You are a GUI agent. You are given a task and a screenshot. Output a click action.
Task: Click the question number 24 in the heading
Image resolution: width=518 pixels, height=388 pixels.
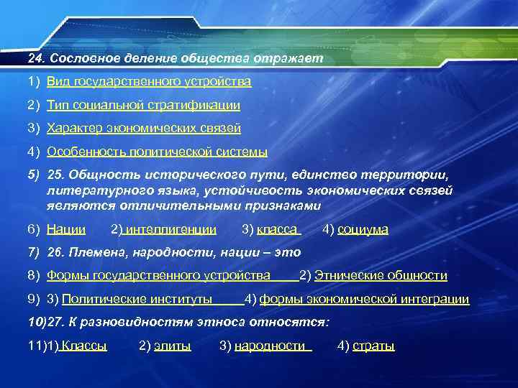(x=35, y=57)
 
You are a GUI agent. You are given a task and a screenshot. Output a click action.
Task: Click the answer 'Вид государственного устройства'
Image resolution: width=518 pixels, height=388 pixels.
(x=149, y=81)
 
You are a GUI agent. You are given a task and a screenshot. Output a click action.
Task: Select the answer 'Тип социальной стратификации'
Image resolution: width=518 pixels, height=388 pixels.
(x=143, y=105)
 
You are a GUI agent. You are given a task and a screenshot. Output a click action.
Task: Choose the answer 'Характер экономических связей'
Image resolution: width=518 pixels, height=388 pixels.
(x=143, y=129)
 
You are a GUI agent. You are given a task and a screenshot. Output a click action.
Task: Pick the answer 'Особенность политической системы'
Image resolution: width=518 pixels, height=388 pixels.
(x=157, y=152)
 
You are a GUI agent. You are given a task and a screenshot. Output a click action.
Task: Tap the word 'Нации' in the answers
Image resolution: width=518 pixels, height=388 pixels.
(x=66, y=229)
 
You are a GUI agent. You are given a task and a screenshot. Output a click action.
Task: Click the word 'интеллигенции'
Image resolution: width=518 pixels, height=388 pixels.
(x=170, y=229)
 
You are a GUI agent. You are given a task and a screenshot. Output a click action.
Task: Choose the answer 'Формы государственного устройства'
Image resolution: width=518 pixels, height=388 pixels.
(x=158, y=276)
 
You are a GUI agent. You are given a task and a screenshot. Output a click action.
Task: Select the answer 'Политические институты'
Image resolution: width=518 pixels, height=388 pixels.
(x=137, y=300)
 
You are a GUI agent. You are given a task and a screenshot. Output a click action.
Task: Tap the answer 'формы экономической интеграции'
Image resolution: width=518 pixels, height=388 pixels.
(x=364, y=300)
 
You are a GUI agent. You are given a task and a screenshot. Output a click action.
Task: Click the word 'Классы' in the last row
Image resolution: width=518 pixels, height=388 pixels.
(x=83, y=346)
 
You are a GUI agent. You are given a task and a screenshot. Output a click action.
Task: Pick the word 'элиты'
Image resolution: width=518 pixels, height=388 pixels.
(x=173, y=346)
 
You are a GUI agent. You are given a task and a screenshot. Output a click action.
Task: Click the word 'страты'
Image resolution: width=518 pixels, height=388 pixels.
(x=375, y=346)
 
